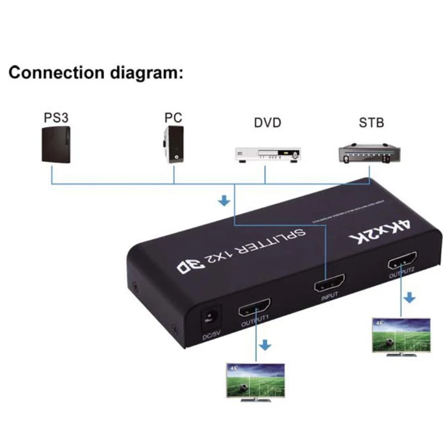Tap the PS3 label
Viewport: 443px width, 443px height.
pyautogui.click(x=56, y=119)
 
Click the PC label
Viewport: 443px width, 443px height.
pyautogui.click(x=173, y=119)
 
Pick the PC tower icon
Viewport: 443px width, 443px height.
pyautogui.click(x=174, y=145)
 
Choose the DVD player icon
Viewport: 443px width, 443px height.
pyautogui.click(x=267, y=154)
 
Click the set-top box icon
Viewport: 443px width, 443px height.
pyautogui.click(x=369, y=152)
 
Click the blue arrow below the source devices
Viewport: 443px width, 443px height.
pyautogui.click(x=224, y=201)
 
